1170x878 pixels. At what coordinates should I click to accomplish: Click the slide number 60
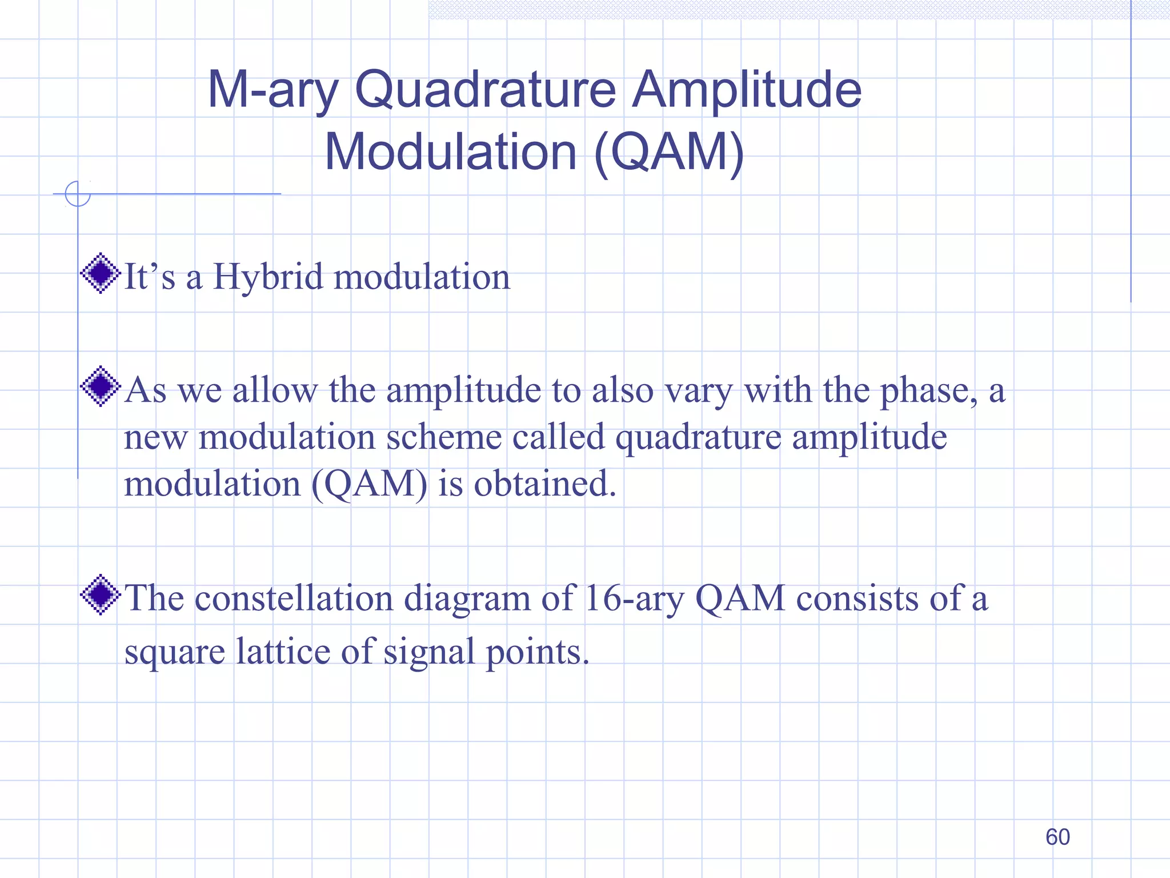tap(1057, 837)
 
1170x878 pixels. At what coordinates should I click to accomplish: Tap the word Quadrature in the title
tap(485, 90)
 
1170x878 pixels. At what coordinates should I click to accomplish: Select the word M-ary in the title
tap(273, 90)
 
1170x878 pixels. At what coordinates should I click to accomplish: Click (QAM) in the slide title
tap(669, 153)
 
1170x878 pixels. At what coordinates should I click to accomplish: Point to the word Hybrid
tap(268, 277)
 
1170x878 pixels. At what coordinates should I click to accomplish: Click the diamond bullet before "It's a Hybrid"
tap(101, 273)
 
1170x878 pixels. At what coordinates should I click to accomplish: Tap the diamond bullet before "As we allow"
tap(101, 386)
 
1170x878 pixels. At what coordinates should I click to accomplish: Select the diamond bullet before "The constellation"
tap(101, 594)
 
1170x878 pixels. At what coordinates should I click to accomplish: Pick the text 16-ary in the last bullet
tap(634, 598)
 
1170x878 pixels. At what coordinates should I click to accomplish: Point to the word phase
tap(928, 391)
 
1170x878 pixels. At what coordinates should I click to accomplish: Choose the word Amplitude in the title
tap(747, 90)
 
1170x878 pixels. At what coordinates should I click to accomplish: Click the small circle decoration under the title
tap(78, 194)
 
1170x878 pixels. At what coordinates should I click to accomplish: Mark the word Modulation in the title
tap(451, 153)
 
